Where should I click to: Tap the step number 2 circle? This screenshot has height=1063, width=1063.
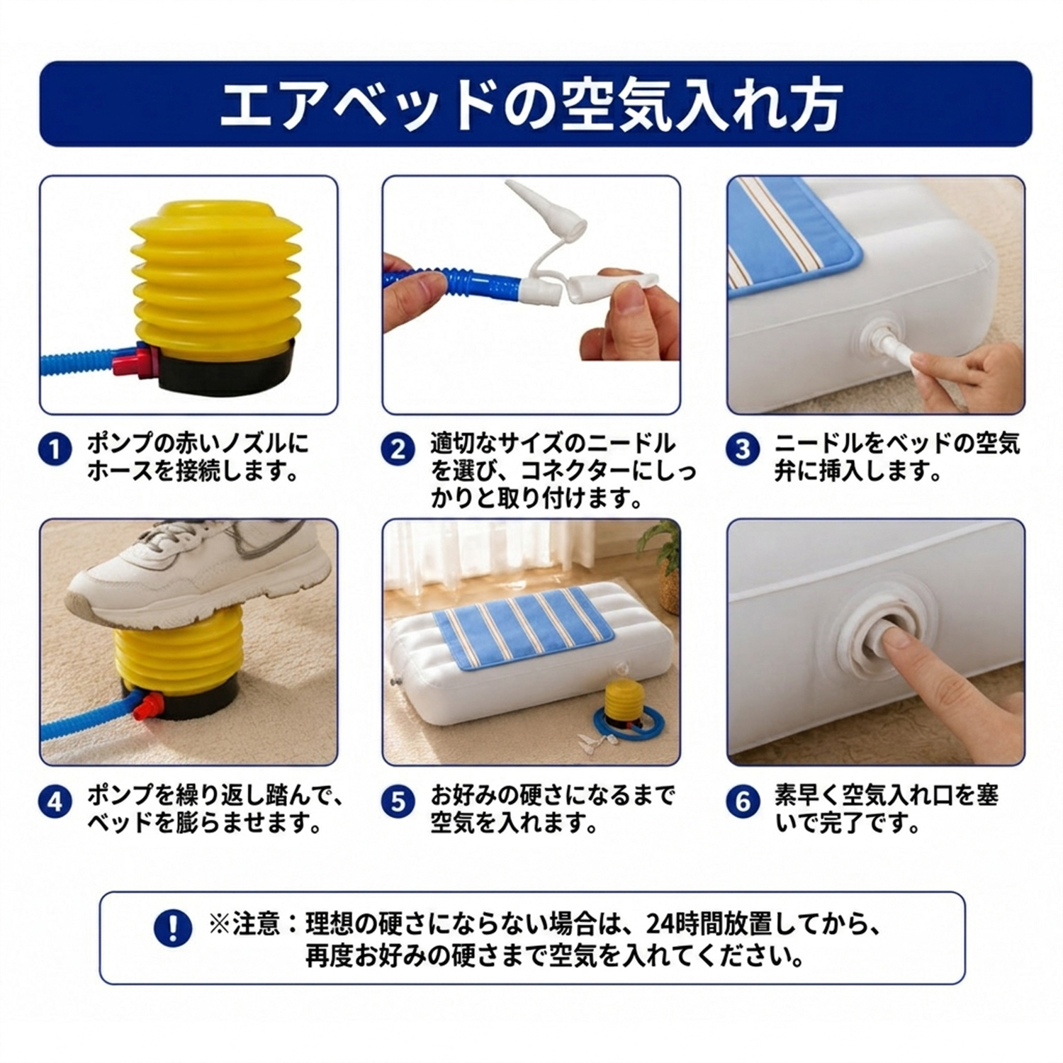(398, 449)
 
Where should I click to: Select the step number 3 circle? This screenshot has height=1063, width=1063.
(743, 449)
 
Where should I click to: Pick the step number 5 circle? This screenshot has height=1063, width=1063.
(398, 802)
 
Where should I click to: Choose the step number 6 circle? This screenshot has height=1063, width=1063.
(743, 802)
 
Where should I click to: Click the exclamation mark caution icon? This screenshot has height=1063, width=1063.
(172, 928)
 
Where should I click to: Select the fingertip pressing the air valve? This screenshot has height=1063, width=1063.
(896, 641)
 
